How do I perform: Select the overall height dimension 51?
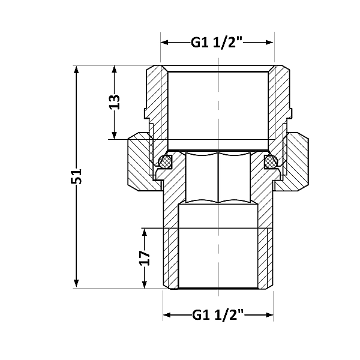click(76, 176)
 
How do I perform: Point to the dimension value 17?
click(144, 258)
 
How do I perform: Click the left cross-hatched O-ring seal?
click(164, 161)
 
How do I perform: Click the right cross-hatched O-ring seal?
click(271, 161)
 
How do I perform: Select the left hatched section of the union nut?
click(139, 162)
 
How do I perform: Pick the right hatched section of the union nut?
click(296, 162)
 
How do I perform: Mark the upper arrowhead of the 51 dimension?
click(76, 69)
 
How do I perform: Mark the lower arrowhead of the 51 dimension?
click(76, 284)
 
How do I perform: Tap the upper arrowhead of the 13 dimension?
click(115, 69)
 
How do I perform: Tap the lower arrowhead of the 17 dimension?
click(144, 284)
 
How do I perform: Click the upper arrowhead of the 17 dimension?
click(144, 232)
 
